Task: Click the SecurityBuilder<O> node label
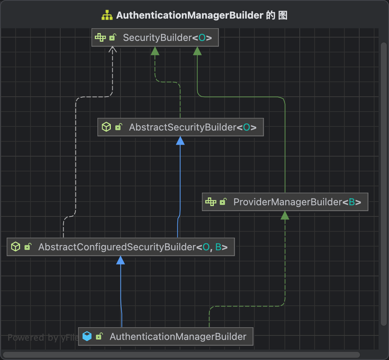[167, 38]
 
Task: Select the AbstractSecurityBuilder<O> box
[180, 127]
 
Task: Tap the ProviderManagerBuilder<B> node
[285, 202]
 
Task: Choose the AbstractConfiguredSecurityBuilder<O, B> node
[120, 247]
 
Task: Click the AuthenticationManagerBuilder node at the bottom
[165, 337]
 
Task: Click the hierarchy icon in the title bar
[107, 16]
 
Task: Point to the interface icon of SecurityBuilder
[100, 37]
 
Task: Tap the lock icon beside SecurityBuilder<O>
[112, 37]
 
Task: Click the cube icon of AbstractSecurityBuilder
[106, 127]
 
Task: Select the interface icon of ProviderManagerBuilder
[210, 202]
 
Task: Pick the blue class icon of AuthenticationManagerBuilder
[87, 337]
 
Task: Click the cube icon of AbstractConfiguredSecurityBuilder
[15, 247]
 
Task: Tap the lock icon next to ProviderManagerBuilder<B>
[223, 202]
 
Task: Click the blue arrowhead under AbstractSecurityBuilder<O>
[180, 141]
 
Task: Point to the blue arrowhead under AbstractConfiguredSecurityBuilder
[120, 260]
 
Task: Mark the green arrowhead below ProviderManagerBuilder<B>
[285, 215]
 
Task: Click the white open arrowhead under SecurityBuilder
[113, 49]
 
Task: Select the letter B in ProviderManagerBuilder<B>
[351, 202]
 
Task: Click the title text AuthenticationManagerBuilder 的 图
[202, 16]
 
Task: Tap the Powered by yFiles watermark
[43, 338]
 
